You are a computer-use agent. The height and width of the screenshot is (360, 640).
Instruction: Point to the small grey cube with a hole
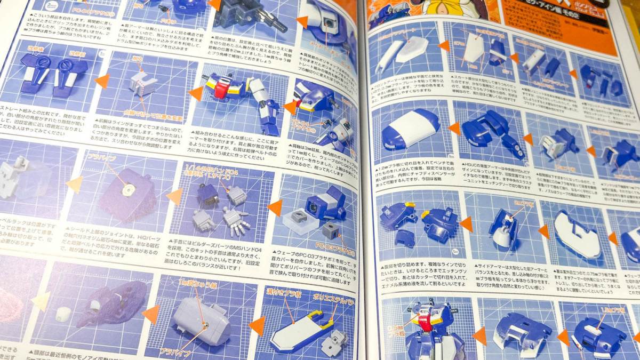(x=330, y=231)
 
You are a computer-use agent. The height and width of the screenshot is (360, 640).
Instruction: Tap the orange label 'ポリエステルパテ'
(x=329, y=294)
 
